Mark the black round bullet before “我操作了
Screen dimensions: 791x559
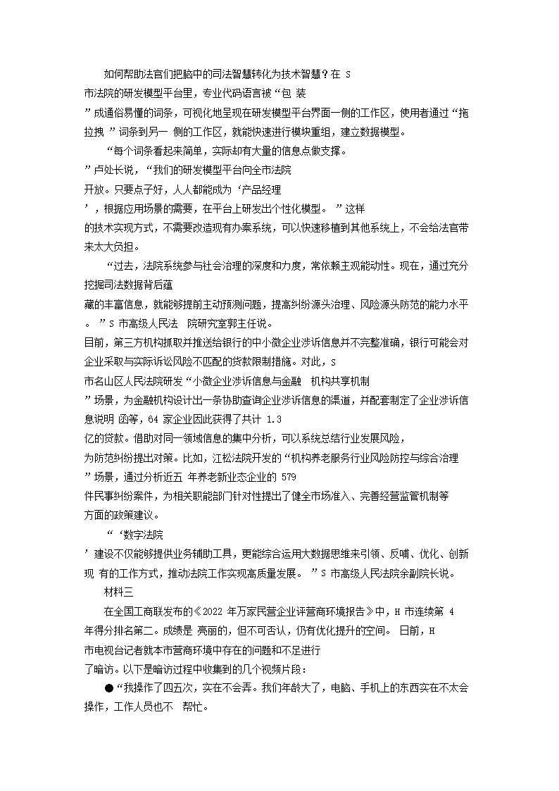[x=108, y=668]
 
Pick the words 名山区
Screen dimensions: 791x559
[x=107, y=380]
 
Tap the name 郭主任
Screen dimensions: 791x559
[x=231, y=323]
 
